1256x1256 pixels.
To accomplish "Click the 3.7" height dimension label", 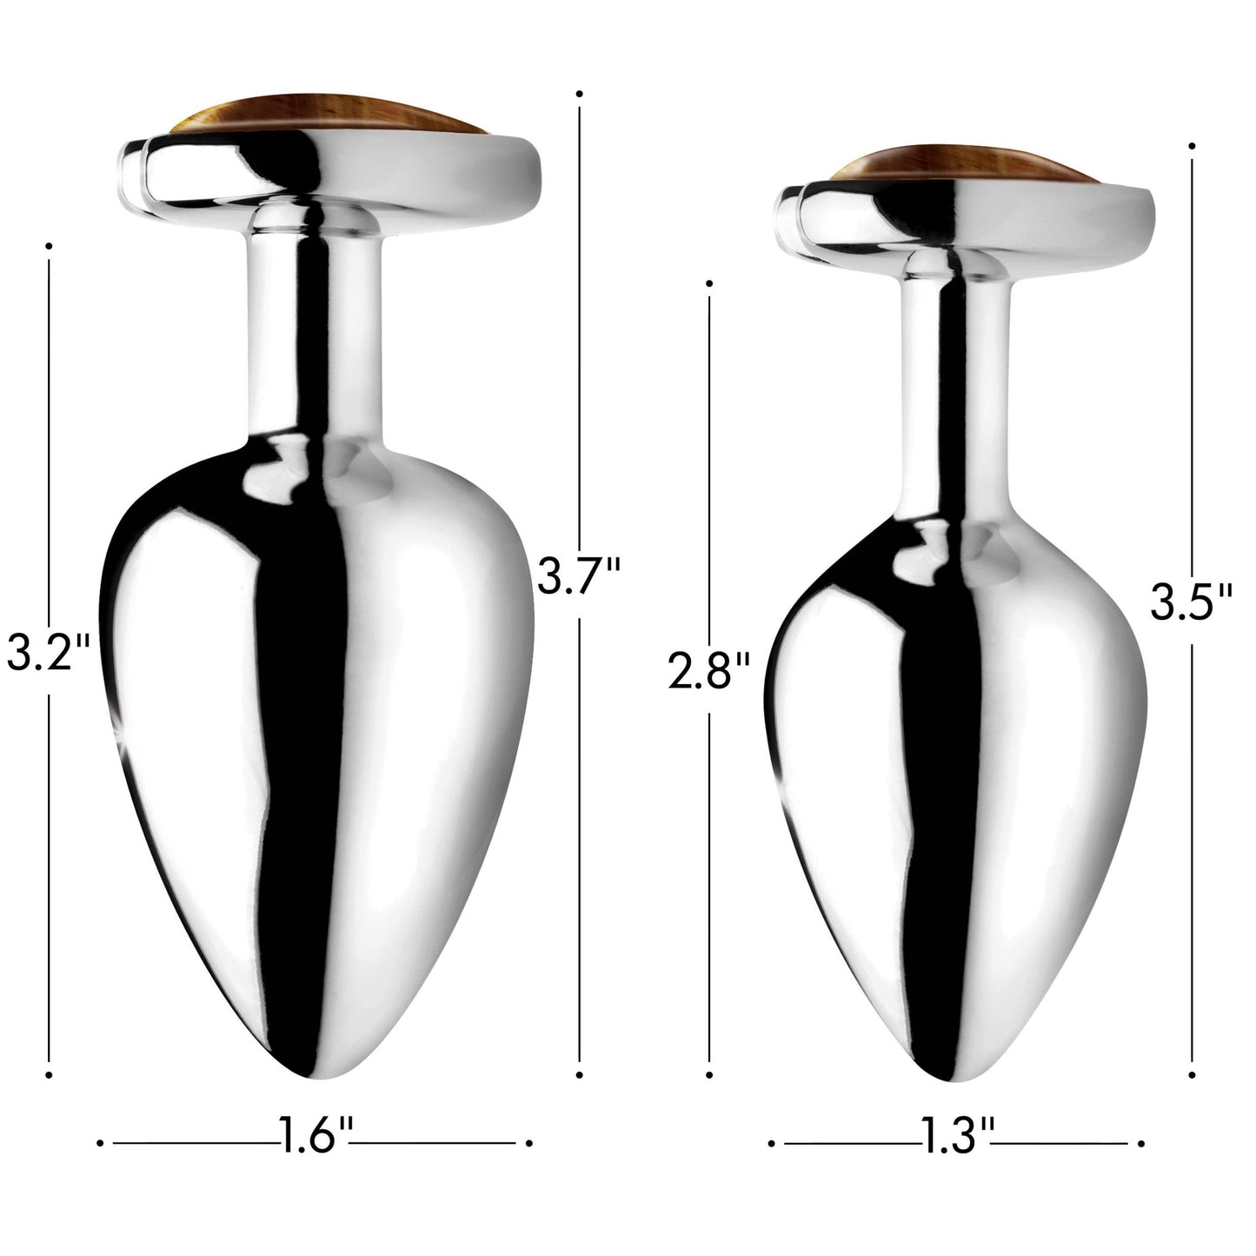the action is pyautogui.click(x=578, y=575).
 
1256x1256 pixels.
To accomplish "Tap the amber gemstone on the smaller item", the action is pyautogui.click(x=963, y=165).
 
